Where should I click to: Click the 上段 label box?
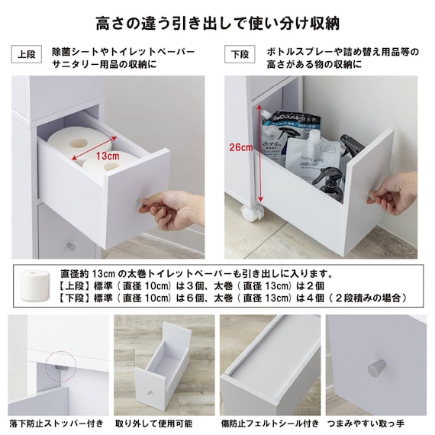(x=27, y=54)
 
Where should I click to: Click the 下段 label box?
(x=240, y=54)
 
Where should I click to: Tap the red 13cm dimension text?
(x=108, y=156)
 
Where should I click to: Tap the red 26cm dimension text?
(x=241, y=147)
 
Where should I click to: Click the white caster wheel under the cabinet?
(x=251, y=213)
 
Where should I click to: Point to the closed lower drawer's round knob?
(x=71, y=246)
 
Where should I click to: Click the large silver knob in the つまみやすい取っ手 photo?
(x=377, y=369)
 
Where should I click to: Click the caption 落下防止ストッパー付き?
(x=56, y=424)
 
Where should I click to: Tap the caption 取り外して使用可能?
(x=153, y=424)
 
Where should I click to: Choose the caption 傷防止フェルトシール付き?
(x=270, y=424)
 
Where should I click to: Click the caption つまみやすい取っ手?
(x=366, y=424)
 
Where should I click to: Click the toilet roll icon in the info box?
(x=35, y=285)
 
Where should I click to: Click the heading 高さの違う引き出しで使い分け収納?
(x=217, y=24)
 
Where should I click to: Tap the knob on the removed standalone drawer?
(x=150, y=393)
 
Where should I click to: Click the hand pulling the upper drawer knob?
(x=171, y=211)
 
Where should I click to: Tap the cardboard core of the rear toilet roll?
(x=78, y=143)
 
